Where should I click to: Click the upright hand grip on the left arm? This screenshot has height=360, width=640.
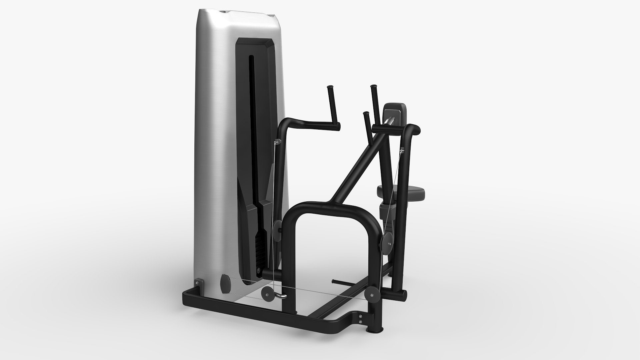[331, 103]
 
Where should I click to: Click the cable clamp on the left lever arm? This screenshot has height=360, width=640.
[276, 142]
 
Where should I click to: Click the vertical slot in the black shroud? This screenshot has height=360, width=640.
[251, 133]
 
